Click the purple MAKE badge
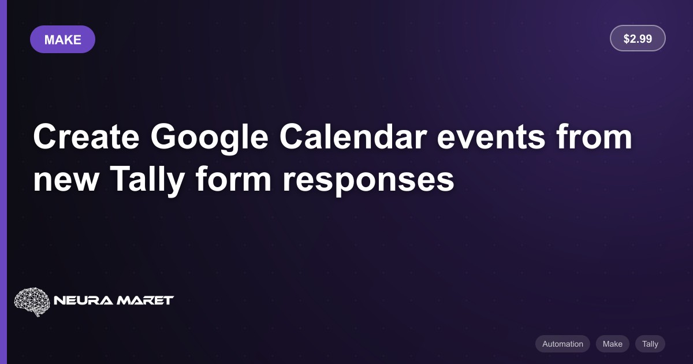[62, 39]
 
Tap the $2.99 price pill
[638, 38]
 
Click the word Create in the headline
[86, 136]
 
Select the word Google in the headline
[210, 138]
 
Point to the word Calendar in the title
[353, 136]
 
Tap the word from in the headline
[594, 136]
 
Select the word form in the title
[233, 179]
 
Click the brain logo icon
[32, 302]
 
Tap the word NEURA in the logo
[83, 300]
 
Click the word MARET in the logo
[145, 300]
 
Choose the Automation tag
[562, 344]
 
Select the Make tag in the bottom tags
[613, 344]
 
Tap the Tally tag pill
[650, 344]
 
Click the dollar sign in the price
[627, 39]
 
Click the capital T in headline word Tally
[121, 179]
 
